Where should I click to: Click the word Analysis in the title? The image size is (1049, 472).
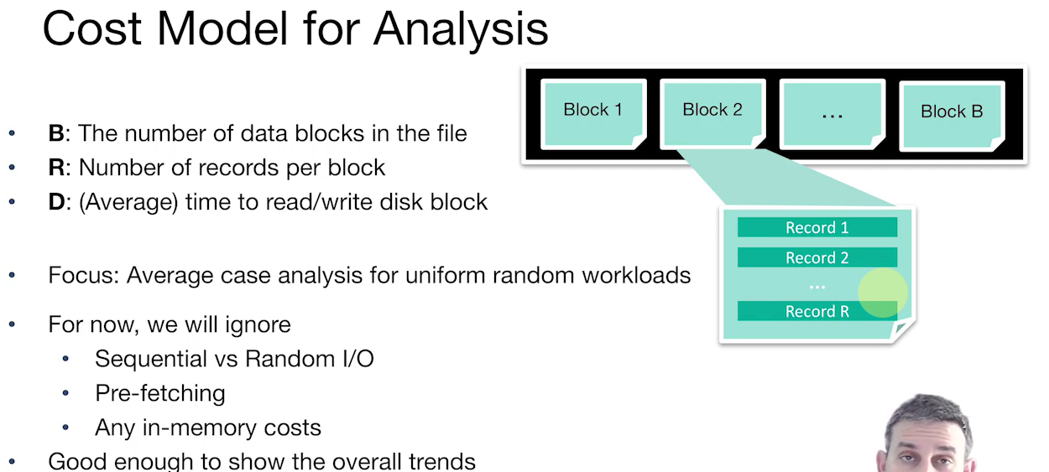(x=461, y=29)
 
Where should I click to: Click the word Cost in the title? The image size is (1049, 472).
(x=91, y=29)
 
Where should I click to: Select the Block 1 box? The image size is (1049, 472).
(x=593, y=114)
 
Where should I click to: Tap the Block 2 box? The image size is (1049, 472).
(x=712, y=114)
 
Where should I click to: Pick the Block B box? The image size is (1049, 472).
(x=952, y=116)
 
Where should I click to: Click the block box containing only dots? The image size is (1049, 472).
(x=832, y=114)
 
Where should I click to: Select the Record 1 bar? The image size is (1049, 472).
(x=817, y=227)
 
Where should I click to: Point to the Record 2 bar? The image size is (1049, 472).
(x=817, y=257)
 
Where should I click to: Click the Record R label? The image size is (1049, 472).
(x=817, y=311)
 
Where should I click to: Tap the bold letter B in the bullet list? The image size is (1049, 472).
(x=56, y=133)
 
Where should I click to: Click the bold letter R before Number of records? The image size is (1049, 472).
(x=56, y=168)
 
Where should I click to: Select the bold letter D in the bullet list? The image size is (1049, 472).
(x=56, y=202)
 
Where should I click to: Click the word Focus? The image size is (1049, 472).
(x=83, y=275)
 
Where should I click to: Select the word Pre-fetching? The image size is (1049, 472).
(x=160, y=393)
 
